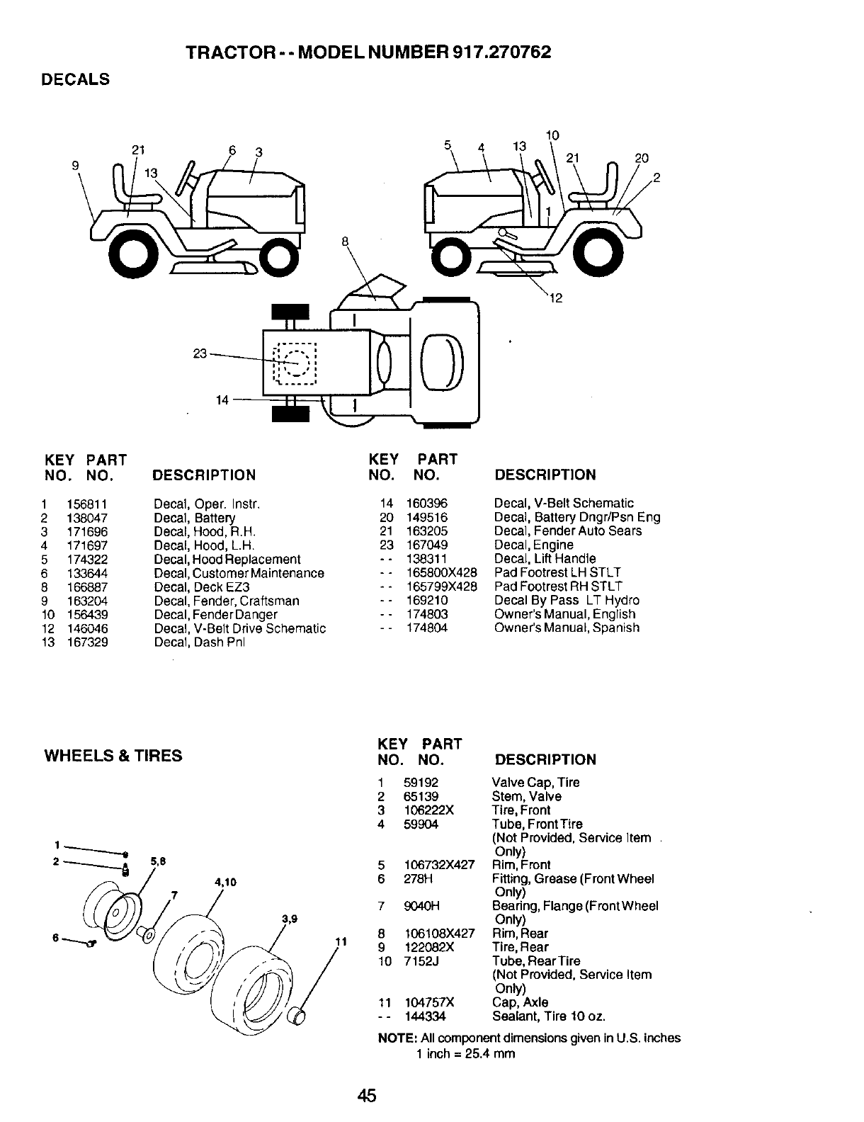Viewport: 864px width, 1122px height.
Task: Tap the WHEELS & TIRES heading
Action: [x=113, y=756]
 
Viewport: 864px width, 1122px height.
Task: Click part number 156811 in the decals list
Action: [x=87, y=504]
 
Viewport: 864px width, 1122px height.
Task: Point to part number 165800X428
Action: [x=441, y=572]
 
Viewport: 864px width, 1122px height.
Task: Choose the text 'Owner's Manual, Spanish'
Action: [x=567, y=628]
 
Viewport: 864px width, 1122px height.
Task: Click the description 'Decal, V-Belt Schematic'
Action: [x=564, y=504]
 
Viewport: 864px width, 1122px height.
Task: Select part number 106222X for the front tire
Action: [x=428, y=810]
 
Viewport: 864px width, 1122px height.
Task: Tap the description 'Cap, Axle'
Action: [x=520, y=1002]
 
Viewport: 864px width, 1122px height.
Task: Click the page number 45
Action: [x=367, y=1096]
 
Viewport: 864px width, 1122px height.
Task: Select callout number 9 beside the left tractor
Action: [x=76, y=166]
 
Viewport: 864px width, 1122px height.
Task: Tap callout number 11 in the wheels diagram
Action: [x=340, y=942]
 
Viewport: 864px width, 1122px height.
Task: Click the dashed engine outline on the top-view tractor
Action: [x=295, y=363]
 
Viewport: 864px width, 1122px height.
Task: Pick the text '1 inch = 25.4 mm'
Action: [x=465, y=1053]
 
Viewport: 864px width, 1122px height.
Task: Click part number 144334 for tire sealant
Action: [x=425, y=1016]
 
